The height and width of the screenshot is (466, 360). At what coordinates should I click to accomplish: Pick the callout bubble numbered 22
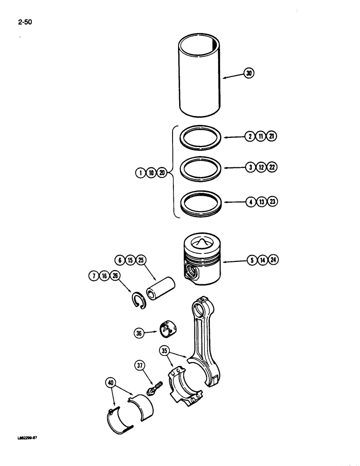(271, 167)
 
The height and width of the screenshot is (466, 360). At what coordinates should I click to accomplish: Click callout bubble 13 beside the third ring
(261, 202)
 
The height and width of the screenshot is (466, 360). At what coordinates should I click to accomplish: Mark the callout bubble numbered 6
(118, 259)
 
